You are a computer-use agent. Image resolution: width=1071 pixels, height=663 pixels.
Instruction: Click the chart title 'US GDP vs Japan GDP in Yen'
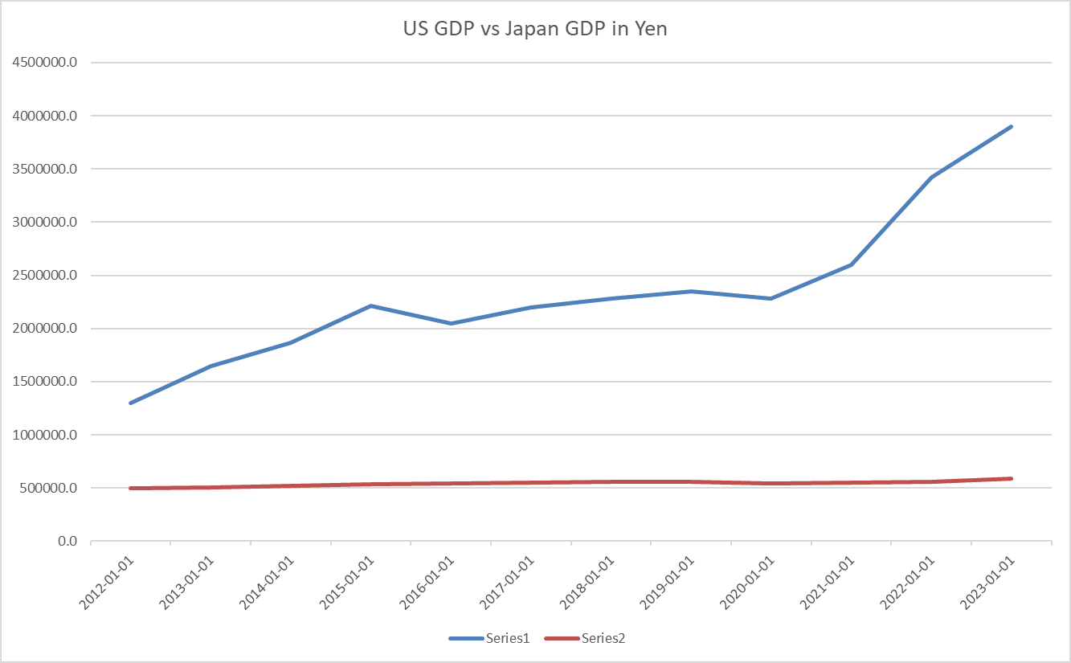coord(535,31)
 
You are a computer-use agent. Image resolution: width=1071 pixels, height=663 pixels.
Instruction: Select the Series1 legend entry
coord(506,638)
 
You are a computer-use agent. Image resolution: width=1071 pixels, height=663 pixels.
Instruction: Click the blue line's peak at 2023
coord(1011,127)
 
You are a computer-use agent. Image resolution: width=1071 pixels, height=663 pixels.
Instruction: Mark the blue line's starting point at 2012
coord(130,403)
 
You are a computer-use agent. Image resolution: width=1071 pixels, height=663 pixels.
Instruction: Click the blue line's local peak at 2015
coord(370,305)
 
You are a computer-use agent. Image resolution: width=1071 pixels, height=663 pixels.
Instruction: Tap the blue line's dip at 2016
coord(451,324)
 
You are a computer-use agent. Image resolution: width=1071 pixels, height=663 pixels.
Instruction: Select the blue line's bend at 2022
coord(931,178)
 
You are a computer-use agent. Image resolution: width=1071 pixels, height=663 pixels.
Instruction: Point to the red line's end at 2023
coord(1011,478)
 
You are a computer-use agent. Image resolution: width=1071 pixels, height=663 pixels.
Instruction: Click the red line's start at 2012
coord(130,488)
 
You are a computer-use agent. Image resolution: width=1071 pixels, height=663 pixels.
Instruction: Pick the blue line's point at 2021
coord(851,264)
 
